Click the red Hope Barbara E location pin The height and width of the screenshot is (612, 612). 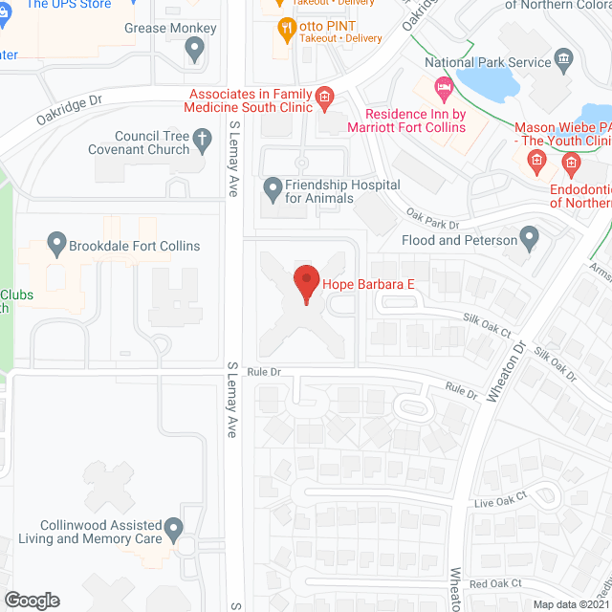click(x=305, y=283)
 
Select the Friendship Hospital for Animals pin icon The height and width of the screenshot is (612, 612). click(x=273, y=186)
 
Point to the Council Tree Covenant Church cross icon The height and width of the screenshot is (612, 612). click(x=202, y=142)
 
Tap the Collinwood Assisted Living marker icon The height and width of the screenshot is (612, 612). click(x=173, y=527)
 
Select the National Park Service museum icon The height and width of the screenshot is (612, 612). click(x=563, y=62)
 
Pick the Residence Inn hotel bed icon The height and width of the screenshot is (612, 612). click(x=442, y=89)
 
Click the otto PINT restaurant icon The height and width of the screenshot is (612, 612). click(x=284, y=28)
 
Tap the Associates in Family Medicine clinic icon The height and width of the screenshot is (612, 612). click(x=324, y=97)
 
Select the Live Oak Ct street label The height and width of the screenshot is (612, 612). click(x=500, y=503)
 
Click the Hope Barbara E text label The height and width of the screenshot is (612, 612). click(x=369, y=284)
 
